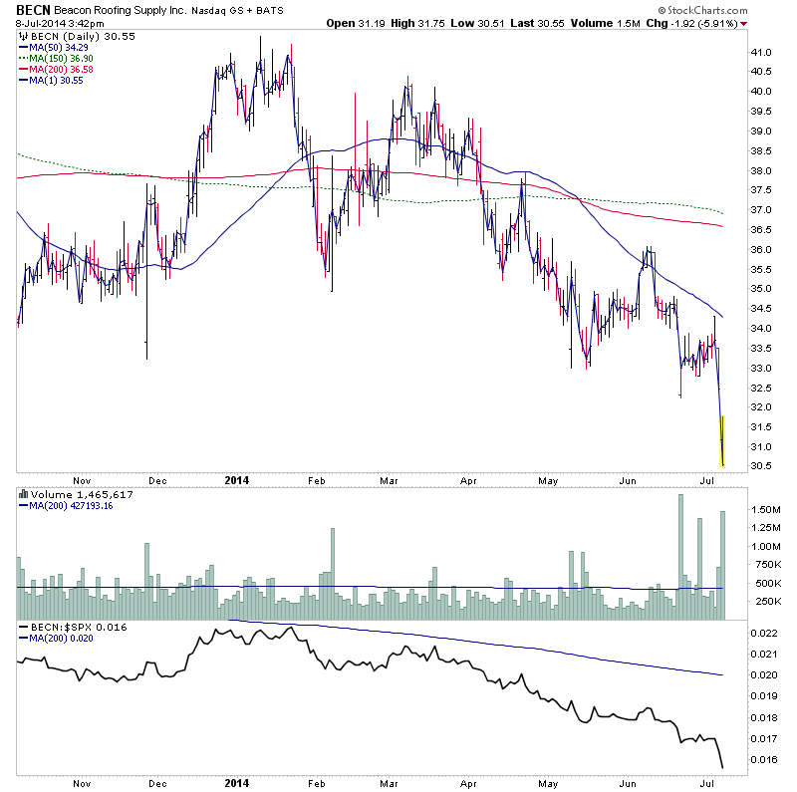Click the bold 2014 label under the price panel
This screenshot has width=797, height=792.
(x=235, y=479)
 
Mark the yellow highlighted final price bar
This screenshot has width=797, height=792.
(x=721, y=440)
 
